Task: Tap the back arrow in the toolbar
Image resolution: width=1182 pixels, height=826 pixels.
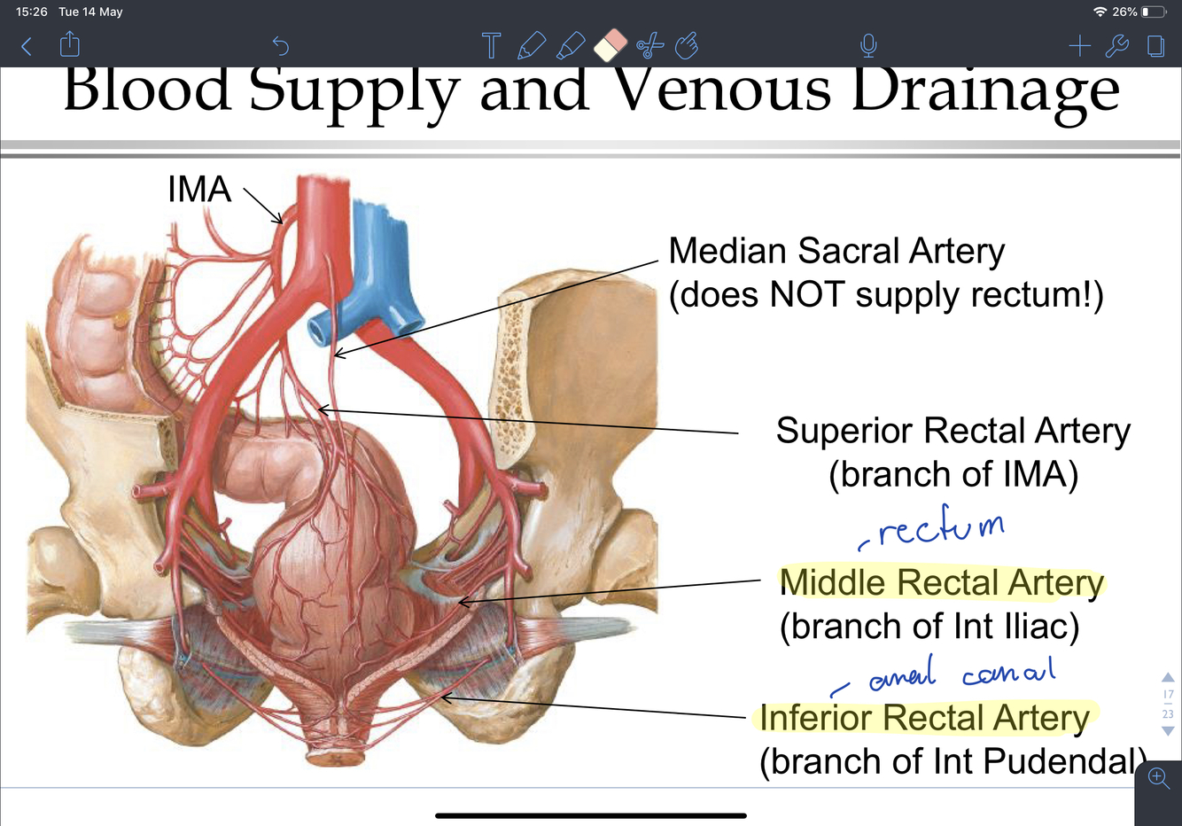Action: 27,46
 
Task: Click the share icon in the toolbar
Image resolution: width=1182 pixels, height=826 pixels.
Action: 69,44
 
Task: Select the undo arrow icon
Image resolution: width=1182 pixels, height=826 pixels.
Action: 280,45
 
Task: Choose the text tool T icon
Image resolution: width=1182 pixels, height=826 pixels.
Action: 491,45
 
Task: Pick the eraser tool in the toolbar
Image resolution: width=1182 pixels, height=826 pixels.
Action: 610,44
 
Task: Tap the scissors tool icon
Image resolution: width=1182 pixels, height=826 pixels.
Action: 649,45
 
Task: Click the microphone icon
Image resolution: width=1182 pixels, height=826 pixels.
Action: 868,45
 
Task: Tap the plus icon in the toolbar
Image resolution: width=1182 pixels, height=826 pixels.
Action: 1079,45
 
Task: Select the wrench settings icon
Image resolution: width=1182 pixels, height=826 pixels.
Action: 1117,45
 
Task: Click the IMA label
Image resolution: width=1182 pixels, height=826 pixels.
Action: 199,189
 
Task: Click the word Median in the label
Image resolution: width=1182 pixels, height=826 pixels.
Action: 727,251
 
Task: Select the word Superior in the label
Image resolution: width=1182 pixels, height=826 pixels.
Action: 844,431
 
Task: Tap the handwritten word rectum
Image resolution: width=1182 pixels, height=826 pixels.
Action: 939,528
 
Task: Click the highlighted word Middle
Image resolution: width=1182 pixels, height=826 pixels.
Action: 833,582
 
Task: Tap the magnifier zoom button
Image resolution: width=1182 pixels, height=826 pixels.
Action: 1158,778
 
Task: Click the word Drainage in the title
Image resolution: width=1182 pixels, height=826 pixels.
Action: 985,90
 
